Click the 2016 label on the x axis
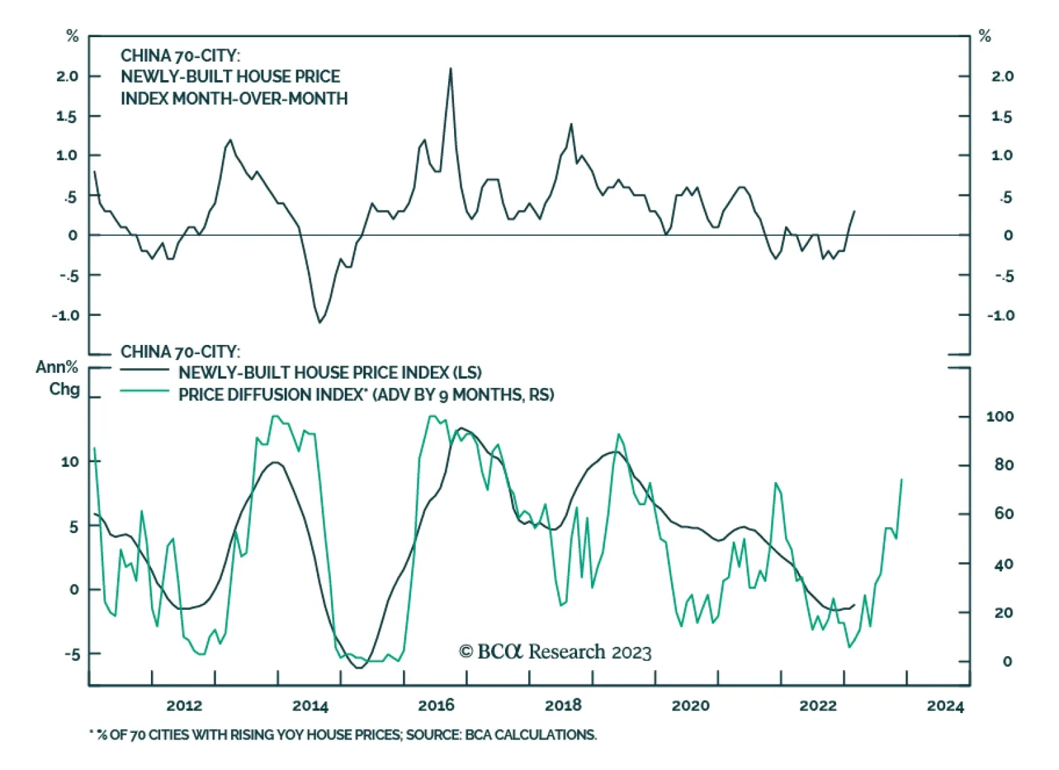436,705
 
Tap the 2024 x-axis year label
945,706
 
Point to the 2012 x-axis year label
184,705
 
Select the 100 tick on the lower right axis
999,416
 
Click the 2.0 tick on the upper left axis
68,76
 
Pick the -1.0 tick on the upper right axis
1001,315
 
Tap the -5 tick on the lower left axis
71,654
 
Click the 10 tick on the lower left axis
70,461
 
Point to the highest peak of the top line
451,68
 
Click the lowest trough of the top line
320,322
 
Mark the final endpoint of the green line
901,479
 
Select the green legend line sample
144,391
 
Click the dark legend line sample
144,369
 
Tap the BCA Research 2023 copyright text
555,652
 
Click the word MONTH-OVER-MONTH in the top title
260,99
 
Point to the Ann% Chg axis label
58,377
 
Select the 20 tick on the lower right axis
1003,613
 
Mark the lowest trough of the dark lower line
359,667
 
